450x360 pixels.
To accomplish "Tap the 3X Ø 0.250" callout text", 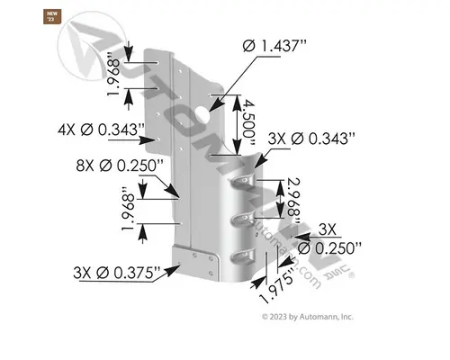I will (x=328, y=238).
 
